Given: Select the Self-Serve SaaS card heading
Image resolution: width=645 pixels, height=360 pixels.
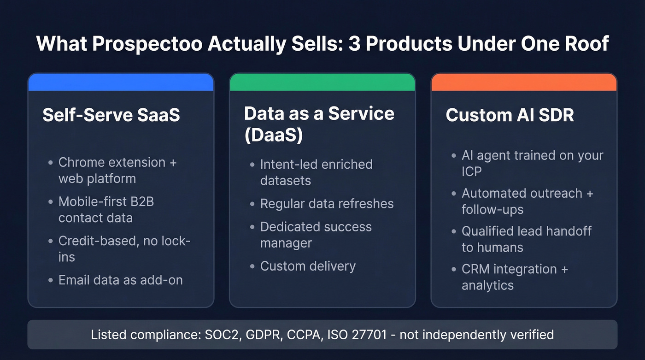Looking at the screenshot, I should (111, 115).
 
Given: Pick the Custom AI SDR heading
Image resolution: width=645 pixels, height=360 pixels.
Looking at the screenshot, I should (510, 115).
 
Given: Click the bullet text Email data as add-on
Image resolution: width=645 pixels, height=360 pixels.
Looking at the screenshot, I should (120, 280).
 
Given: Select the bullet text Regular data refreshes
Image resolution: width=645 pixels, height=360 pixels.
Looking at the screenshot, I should (327, 204).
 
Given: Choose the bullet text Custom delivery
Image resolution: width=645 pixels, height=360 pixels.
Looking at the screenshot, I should (308, 266).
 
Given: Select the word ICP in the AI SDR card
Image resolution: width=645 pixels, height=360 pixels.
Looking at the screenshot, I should (472, 172).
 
